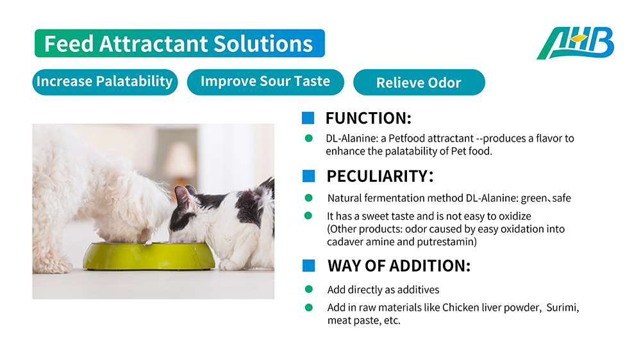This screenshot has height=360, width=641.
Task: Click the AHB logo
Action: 575,43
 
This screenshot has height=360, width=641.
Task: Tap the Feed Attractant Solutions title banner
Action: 179,44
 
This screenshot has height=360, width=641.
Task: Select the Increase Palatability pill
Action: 105,82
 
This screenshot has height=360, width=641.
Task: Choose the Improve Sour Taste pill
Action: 265,82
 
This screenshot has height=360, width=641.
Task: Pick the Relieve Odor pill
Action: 419,82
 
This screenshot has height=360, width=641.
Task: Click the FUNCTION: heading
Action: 369,118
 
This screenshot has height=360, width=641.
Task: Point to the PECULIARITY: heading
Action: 379,176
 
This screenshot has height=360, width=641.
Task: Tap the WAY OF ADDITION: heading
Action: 399,266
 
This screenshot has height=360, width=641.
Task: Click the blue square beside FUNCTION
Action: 308,118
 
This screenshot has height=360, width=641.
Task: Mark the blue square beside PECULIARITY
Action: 309,176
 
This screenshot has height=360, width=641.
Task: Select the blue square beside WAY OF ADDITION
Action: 309,266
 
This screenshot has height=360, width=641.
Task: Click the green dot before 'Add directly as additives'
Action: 309,290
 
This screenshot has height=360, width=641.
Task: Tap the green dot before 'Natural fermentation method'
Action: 309,198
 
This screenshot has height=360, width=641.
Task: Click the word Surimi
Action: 563,307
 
